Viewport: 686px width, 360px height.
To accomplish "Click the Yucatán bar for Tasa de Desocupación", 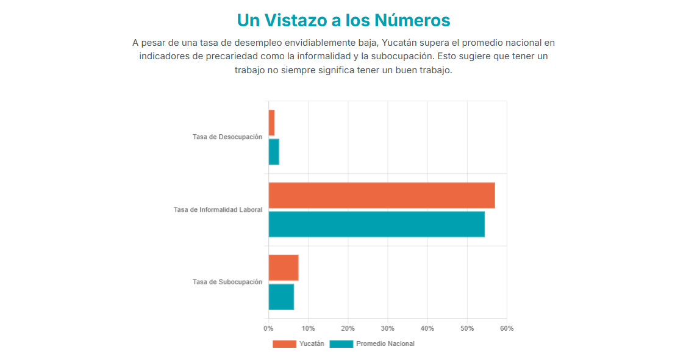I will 271,123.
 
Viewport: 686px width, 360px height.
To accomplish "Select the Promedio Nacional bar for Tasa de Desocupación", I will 274,152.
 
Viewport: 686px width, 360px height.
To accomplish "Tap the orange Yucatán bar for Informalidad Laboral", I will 381,195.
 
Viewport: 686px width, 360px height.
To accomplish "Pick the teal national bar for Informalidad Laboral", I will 376,224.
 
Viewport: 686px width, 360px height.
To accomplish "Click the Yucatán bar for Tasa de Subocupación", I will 283,268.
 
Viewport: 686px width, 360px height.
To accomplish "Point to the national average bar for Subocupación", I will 281,297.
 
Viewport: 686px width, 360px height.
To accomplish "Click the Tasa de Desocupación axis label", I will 227,137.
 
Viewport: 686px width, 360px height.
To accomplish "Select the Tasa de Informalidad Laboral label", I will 218,210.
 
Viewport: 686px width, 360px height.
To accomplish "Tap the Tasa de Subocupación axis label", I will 227,282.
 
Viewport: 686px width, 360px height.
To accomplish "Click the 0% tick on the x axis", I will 268,328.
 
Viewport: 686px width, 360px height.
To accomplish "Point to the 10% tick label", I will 308,328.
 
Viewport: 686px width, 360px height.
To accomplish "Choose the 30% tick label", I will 388,328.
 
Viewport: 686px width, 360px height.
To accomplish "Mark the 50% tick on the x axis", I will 467,328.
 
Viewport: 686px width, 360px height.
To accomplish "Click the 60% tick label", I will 507,328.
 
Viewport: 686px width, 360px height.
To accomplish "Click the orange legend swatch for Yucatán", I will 284,344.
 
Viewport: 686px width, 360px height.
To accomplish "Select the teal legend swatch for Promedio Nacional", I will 341,344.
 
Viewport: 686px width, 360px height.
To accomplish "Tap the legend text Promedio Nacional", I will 385,344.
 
